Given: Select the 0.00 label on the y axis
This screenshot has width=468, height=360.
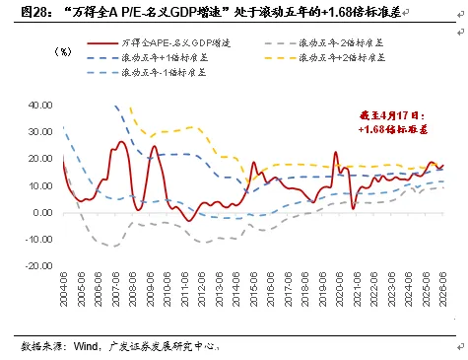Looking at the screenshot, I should tap(41, 213).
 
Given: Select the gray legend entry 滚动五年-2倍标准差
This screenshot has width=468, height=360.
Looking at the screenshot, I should tap(350, 44).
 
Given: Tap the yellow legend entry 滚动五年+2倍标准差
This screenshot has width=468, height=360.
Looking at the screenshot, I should tap(350, 59).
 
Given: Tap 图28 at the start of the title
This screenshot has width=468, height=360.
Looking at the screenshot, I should tap(25, 11).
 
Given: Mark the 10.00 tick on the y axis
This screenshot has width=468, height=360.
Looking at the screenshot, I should tap(39, 185).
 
